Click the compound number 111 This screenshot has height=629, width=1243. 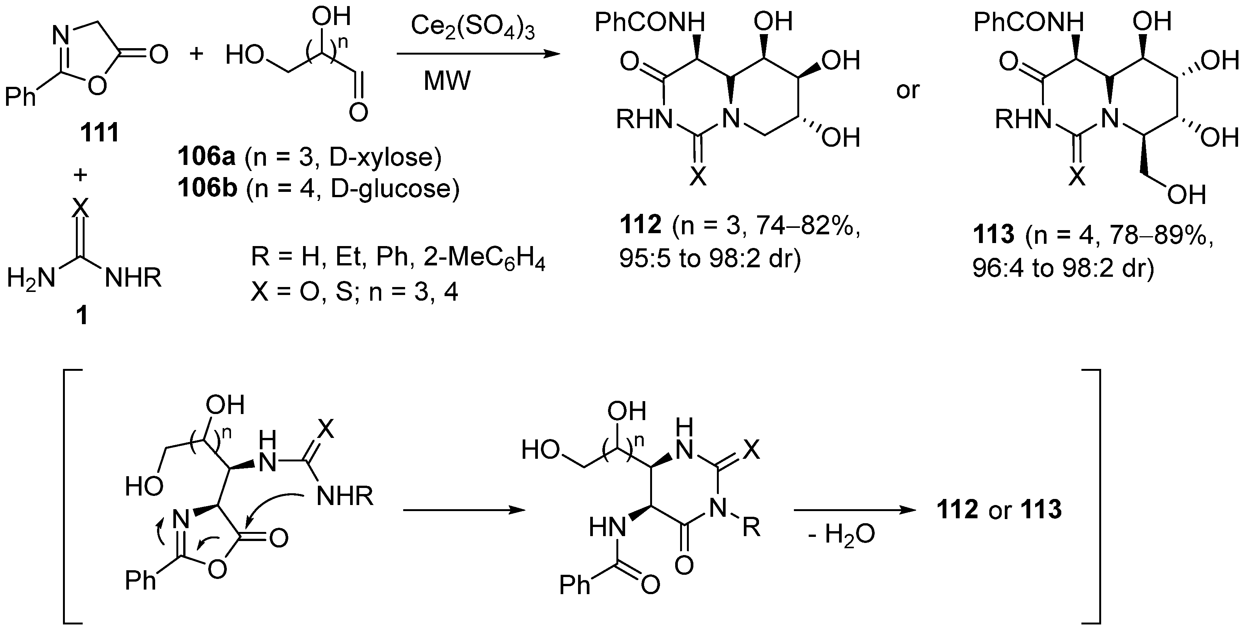pos(99,133)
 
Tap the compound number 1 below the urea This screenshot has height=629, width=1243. pos(83,315)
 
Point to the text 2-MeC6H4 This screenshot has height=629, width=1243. pos(484,259)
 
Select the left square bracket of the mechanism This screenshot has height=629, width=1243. pos(70,497)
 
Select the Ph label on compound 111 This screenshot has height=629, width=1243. pos(20,97)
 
